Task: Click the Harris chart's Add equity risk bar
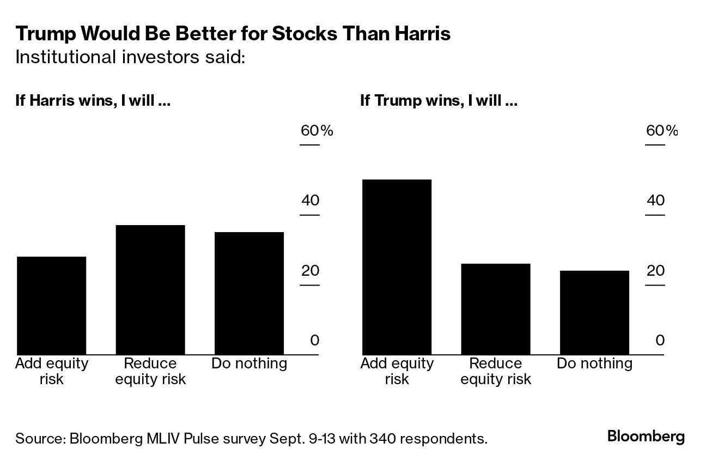click(52, 305)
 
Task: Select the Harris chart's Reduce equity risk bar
click(150, 290)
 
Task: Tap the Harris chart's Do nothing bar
click(249, 293)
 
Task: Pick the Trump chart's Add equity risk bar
click(397, 267)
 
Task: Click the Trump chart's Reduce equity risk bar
click(496, 309)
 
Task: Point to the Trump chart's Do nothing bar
click(594, 312)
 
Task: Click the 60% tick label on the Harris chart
click(317, 131)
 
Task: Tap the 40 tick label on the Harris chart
click(310, 201)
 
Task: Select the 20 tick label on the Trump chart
click(655, 271)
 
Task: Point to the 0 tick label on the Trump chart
click(660, 341)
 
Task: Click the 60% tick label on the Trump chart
click(662, 131)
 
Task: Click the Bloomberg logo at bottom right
click(646, 436)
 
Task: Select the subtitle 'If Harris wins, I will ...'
click(93, 101)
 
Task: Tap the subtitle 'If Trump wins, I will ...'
click(439, 101)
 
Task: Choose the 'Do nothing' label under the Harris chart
click(249, 363)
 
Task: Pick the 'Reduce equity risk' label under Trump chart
click(496, 371)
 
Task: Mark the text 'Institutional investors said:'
click(131, 57)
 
